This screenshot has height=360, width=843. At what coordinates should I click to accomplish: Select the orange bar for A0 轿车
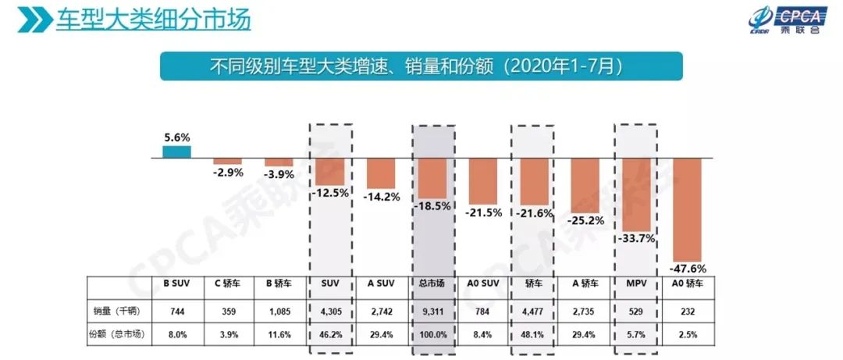688,209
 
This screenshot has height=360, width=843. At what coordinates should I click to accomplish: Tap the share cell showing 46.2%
330,334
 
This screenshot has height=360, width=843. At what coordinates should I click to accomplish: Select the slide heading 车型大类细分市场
152,19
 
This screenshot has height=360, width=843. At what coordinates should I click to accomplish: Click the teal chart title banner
421,66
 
